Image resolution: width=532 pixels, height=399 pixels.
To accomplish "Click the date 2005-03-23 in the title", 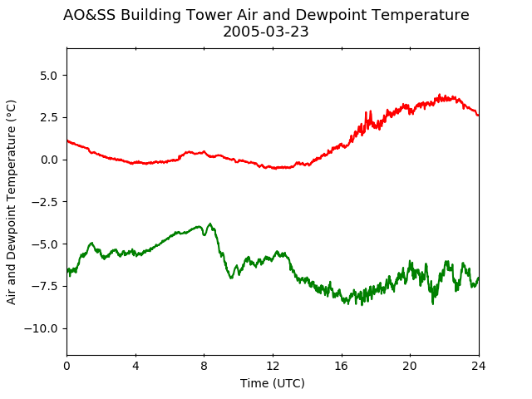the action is tap(266, 32).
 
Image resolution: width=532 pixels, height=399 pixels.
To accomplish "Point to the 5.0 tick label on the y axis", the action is tap(49, 76).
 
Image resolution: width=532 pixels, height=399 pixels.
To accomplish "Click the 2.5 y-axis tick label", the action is tap(49, 117).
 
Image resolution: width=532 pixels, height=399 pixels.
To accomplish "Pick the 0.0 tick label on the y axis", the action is tap(49, 160).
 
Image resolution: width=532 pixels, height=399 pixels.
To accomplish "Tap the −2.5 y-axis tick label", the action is tap(45, 202).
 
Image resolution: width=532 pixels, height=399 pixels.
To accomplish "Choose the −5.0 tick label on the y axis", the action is tap(45, 244).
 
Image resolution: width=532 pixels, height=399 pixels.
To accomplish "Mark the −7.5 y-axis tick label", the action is tap(45, 286).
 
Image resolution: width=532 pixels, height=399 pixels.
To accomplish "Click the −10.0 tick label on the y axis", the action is tap(41, 328).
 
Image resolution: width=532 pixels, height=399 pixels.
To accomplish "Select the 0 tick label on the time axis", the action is tap(66, 366).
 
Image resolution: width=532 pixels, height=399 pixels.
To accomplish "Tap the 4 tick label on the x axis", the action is tap(135, 366).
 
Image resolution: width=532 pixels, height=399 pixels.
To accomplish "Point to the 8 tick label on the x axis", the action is tap(204, 366).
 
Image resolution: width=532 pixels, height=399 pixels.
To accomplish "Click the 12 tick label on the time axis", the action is tap(273, 366).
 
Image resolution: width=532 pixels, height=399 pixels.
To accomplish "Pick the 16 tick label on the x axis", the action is tap(342, 366).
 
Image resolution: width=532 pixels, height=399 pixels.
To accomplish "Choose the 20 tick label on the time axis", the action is tap(410, 366).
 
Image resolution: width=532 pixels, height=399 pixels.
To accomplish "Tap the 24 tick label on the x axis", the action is tap(479, 366).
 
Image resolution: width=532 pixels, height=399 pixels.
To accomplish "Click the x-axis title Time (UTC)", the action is tap(273, 383).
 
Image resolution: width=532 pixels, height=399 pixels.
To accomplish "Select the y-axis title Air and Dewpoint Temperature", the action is tap(11, 202).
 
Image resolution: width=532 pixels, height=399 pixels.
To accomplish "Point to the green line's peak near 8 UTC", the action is tap(210, 224).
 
